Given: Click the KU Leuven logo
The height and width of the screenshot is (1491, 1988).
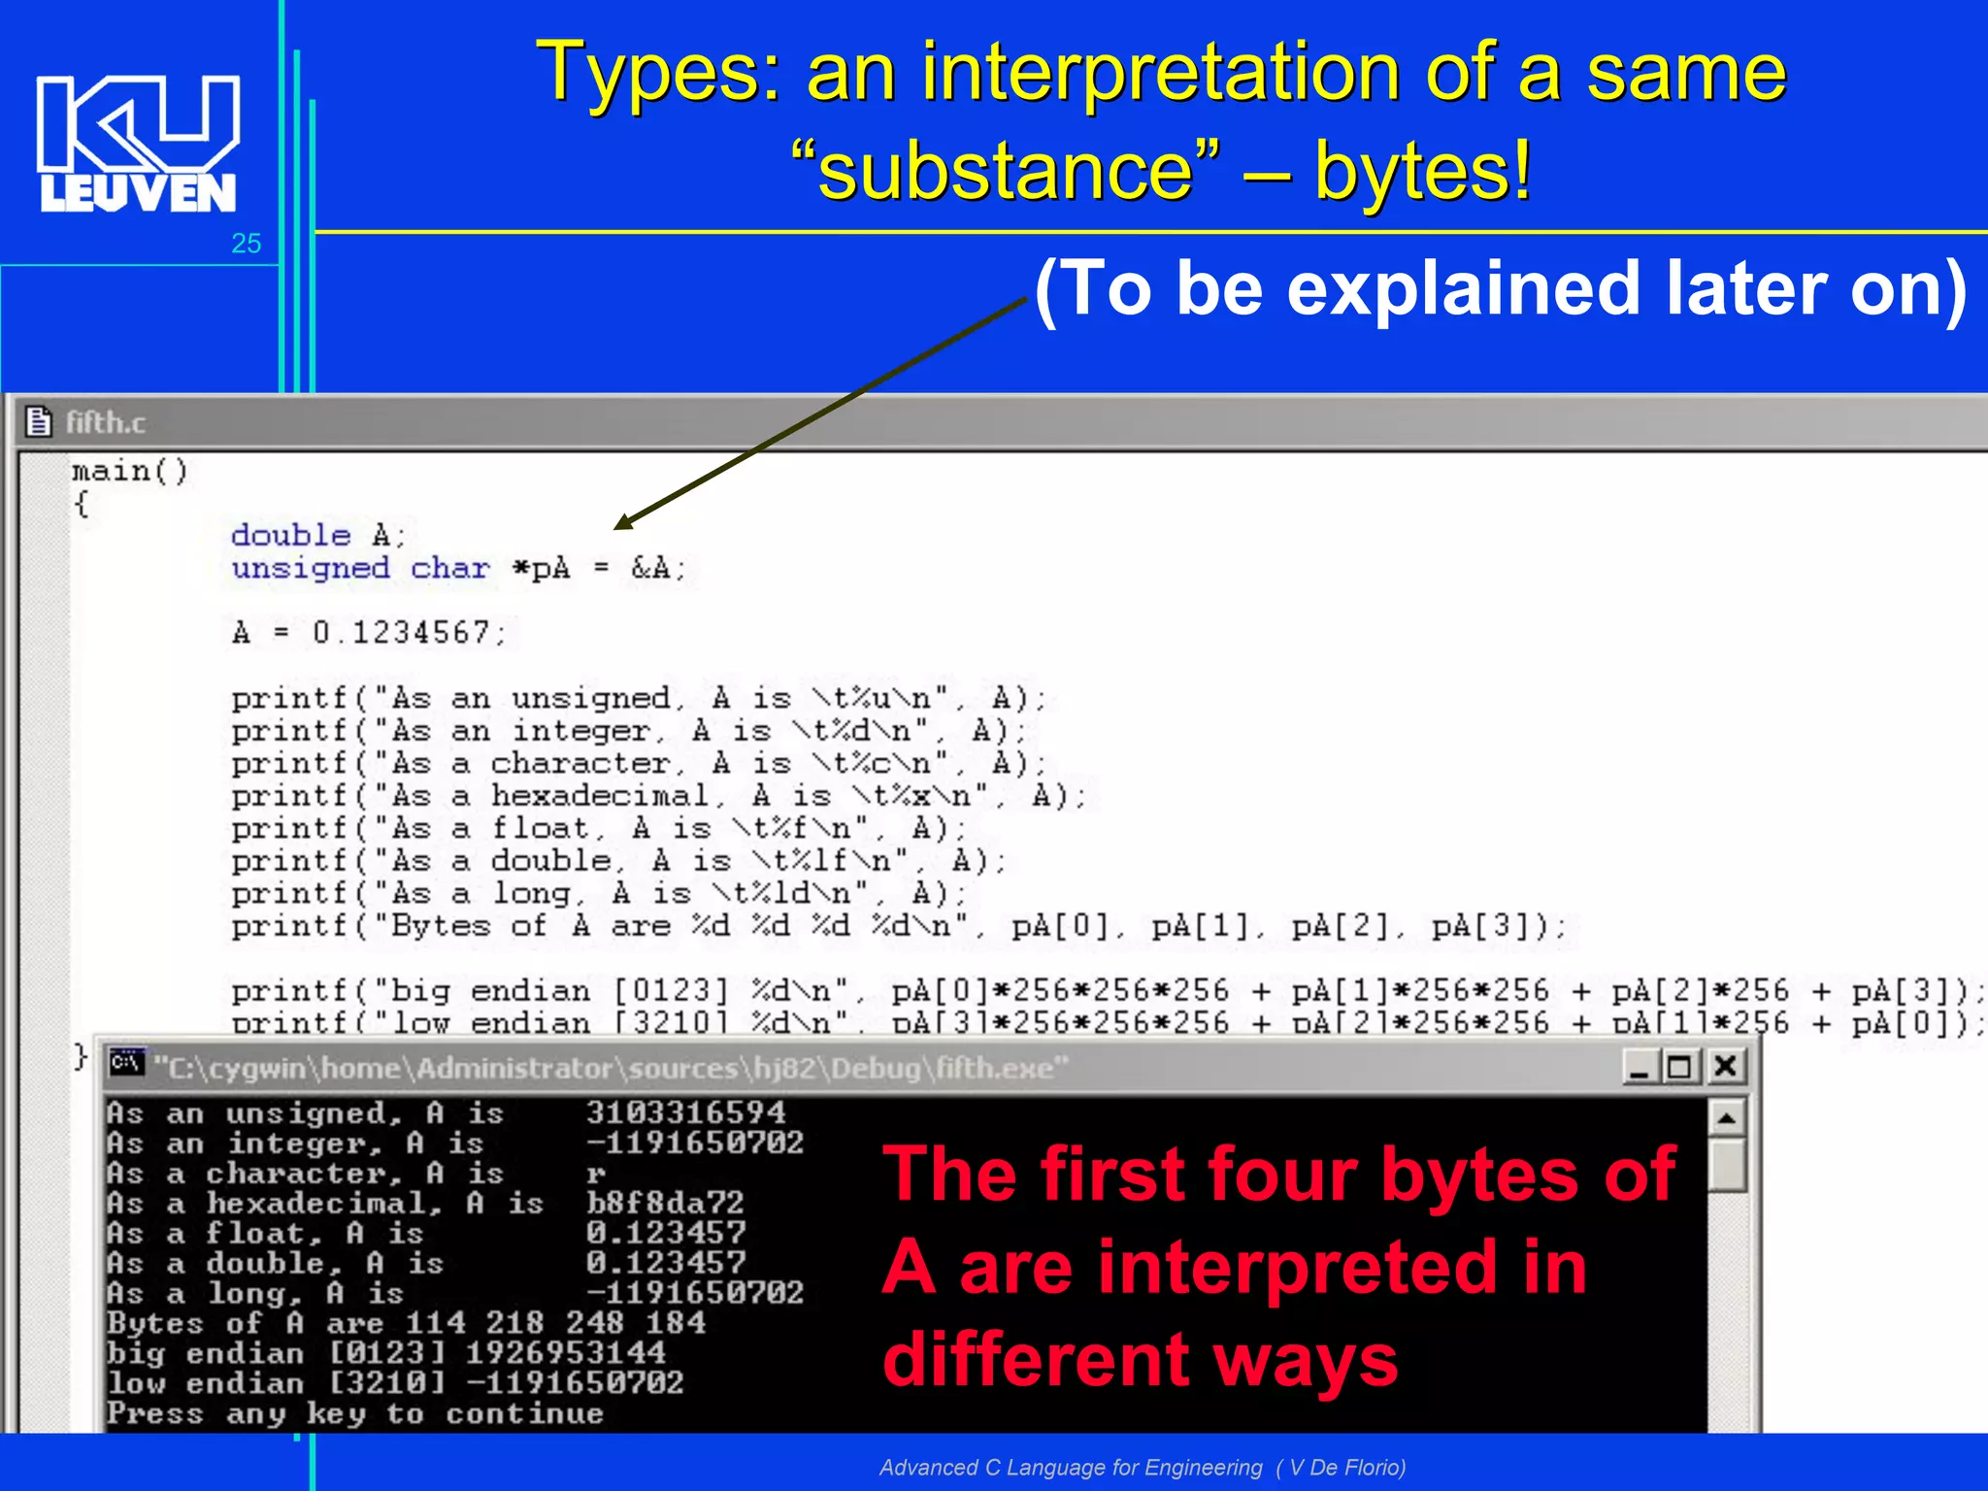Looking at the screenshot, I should pyautogui.click(x=138, y=144).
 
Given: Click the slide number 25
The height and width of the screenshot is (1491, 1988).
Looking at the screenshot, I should pyautogui.click(x=247, y=244).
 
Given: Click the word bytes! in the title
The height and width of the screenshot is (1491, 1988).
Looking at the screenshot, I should pyautogui.click(x=1423, y=171).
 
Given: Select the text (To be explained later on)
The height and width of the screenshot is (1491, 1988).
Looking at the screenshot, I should pyautogui.click(x=1500, y=289).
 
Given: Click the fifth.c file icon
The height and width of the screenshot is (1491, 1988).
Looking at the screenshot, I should pyautogui.click(x=39, y=422).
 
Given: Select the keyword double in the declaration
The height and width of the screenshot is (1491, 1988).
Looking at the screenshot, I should pyautogui.click(x=290, y=535).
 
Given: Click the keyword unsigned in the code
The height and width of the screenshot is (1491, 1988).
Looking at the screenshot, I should pyautogui.click(x=311, y=568).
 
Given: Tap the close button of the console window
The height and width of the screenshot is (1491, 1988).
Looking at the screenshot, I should pyautogui.click(x=1726, y=1067).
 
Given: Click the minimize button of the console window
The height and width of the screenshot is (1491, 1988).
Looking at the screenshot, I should pyautogui.click(x=1640, y=1067).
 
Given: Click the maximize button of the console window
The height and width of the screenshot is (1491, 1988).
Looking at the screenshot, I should pyautogui.click(x=1681, y=1067).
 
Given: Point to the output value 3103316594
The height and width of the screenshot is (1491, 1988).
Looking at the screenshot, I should pyautogui.click(x=685, y=1112).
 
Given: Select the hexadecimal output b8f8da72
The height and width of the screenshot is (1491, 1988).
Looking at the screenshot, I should pyautogui.click(x=665, y=1203).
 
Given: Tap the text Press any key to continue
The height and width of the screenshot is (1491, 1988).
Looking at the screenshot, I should pyautogui.click(x=355, y=1413).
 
